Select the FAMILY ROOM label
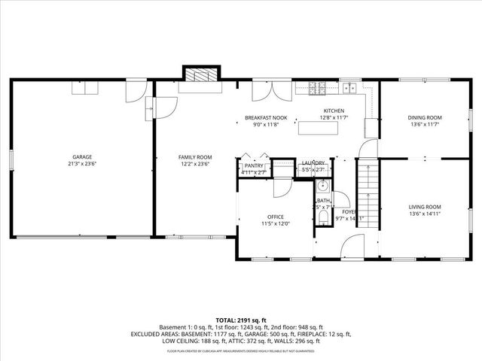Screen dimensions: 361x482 [193, 156]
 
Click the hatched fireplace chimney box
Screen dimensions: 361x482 [200, 74]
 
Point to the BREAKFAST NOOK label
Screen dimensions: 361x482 [266, 118]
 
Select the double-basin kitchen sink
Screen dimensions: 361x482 [349, 88]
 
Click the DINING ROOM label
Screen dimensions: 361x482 [425, 117]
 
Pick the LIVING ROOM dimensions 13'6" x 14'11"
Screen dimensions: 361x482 [425, 214]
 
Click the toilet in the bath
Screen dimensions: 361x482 [322, 218]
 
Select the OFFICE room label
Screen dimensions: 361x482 [275, 217]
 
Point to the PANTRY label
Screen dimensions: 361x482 [254, 165]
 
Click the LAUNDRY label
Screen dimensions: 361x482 [313, 163]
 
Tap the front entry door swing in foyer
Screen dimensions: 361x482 [352, 246]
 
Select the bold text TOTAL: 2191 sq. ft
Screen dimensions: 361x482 [241, 320]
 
